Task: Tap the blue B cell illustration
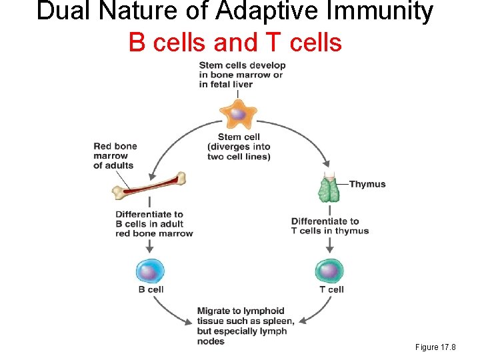point(150,271)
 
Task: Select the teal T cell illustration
point(329,270)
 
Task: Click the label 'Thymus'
point(367,184)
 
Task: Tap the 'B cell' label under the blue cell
point(151,289)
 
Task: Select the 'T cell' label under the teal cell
point(331,289)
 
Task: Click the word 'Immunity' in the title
point(377,11)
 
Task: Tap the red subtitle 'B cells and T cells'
point(235,42)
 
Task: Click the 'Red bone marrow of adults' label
point(115,156)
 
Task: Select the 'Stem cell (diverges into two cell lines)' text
point(239,147)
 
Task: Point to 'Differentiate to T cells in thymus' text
point(330,226)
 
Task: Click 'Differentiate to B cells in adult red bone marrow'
point(154,224)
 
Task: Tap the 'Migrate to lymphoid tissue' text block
point(241,326)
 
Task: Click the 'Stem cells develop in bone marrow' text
point(242,75)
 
